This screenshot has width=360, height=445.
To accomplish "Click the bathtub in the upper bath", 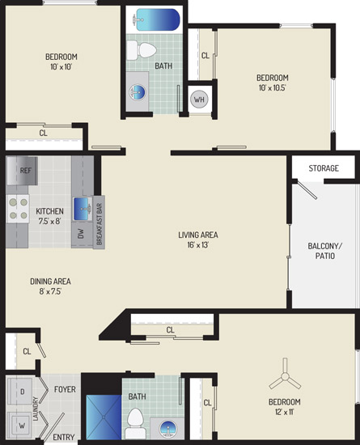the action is click(x=156, y=19).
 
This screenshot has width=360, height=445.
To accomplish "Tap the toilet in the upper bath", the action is click(x=142, y=50).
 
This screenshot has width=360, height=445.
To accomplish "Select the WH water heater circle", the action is click(x=199, y=100).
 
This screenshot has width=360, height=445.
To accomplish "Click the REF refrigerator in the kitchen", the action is click(x=22, y=171).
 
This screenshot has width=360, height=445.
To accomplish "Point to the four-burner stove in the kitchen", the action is click(x=18, y=209).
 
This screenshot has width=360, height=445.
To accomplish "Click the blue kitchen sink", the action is click(x=83, y=209).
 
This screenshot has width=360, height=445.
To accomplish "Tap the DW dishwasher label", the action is click(x=81, y=234).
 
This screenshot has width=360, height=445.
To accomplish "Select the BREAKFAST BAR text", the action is click(x=99, y=224).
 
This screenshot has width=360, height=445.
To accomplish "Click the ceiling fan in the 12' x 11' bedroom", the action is click(x=285, y=377).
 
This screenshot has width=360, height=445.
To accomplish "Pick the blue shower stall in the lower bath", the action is click(x=104, y=417).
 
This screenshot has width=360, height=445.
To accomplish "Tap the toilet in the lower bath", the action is click(x=135, y=423).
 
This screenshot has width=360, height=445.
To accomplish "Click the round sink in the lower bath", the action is click(x=168, y=429).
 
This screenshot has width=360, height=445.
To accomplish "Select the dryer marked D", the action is click(x=19, y=391).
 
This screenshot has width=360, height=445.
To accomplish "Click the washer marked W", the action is click(x=19, y=425).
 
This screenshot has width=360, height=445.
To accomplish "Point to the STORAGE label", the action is click(x=324, y=168).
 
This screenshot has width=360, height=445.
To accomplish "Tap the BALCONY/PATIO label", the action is click(x=325, y=251).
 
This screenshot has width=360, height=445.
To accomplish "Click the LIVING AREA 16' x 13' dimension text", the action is click(x=198, y=244).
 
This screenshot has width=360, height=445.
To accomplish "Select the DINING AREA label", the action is click(x=50, y=282).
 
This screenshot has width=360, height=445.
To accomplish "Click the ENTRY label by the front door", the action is click(x=64, y=438).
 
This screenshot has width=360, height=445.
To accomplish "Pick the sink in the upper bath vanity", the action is click(x=138, y=92).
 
